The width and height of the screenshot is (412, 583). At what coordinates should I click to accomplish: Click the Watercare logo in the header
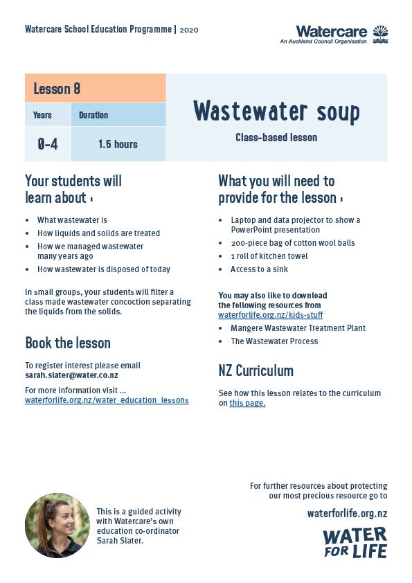pyautogui.click(x=342, y=34)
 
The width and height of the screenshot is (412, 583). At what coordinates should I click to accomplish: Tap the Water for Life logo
pyautogui.click(x=355, y=542)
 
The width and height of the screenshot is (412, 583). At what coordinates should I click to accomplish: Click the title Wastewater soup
pyautogui.click(x=276, y=111)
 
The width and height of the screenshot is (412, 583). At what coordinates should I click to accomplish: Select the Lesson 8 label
pyautogui.click(x=57, y=89)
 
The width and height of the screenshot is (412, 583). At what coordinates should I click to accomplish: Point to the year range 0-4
pyautogui.click(x=47, y=144)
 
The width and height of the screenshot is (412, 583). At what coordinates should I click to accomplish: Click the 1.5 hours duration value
pyautogui.click(x=118, y=144)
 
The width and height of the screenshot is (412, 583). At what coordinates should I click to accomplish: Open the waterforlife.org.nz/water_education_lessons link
pyautogui.click(x=107, y=400)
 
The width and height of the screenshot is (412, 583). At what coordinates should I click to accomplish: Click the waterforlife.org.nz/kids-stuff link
pyautogui.click(x=270, y=314)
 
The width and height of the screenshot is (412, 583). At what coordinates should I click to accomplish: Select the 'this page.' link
pyautogui.click(x=247, y=403)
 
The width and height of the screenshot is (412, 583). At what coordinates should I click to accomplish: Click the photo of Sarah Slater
pyautogui.click(x=57, y=526)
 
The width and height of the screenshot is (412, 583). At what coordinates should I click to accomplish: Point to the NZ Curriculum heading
pyautogui.click(x=256, y=371)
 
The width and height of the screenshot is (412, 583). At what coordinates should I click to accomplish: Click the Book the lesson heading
pyautogui.click(x=68, y=343)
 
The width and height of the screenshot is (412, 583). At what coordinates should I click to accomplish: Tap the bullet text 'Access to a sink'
pyautogui.click(x=259, y=269)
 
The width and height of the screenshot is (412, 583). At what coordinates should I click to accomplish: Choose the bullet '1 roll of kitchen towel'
pyautogui.click(x=269, y=256)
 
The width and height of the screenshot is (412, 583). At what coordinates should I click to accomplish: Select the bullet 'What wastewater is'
pyautogui.click(x=72, y=220)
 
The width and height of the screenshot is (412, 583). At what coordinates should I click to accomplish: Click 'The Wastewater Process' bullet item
pyautogui.click(x=274, y=341)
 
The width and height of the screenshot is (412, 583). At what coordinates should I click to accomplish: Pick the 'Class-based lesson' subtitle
pyautogui.click(x=276, y=138)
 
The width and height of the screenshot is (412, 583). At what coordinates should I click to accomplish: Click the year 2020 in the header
pyautogui.click(x=189, y=30)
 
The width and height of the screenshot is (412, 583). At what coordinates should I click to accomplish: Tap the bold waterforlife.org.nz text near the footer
pyautogui.click(x=347, y=513)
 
